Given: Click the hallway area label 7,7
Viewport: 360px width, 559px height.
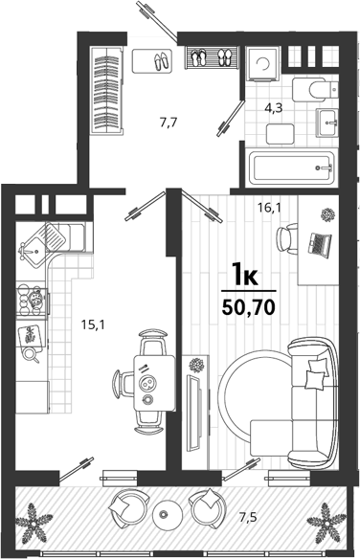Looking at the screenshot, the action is click(x=169, y=123).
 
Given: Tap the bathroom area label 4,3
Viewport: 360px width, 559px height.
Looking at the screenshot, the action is click(x=274, y=107).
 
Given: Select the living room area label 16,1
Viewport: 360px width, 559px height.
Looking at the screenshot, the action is click(x=269, y=208).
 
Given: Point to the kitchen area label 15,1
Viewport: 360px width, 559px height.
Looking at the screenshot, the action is click(x=93, y=324).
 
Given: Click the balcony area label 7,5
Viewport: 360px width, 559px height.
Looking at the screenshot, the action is click(x=248, y=517).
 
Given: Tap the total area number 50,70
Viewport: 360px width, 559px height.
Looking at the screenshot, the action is click(x=248, y=307).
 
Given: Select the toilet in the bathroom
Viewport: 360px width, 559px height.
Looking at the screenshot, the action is click(x=315, y=89).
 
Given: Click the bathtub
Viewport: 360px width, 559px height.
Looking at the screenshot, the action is click(x=292, y=168).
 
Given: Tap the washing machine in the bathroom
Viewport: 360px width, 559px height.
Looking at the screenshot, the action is click(x=263, y=64).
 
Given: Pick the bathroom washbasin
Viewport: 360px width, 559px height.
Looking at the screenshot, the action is click(x=326, y=123).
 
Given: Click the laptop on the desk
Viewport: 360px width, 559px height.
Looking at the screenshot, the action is click(x=320, y=244).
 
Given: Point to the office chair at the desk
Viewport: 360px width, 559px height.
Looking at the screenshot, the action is click(x=287, y=238).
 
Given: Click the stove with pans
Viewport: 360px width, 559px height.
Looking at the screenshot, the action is click(x=33, y=301).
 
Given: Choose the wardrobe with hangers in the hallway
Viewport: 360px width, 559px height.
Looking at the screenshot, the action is click(x=107, y=90).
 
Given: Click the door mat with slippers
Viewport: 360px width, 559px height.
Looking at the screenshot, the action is click(x=152, y=61).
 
